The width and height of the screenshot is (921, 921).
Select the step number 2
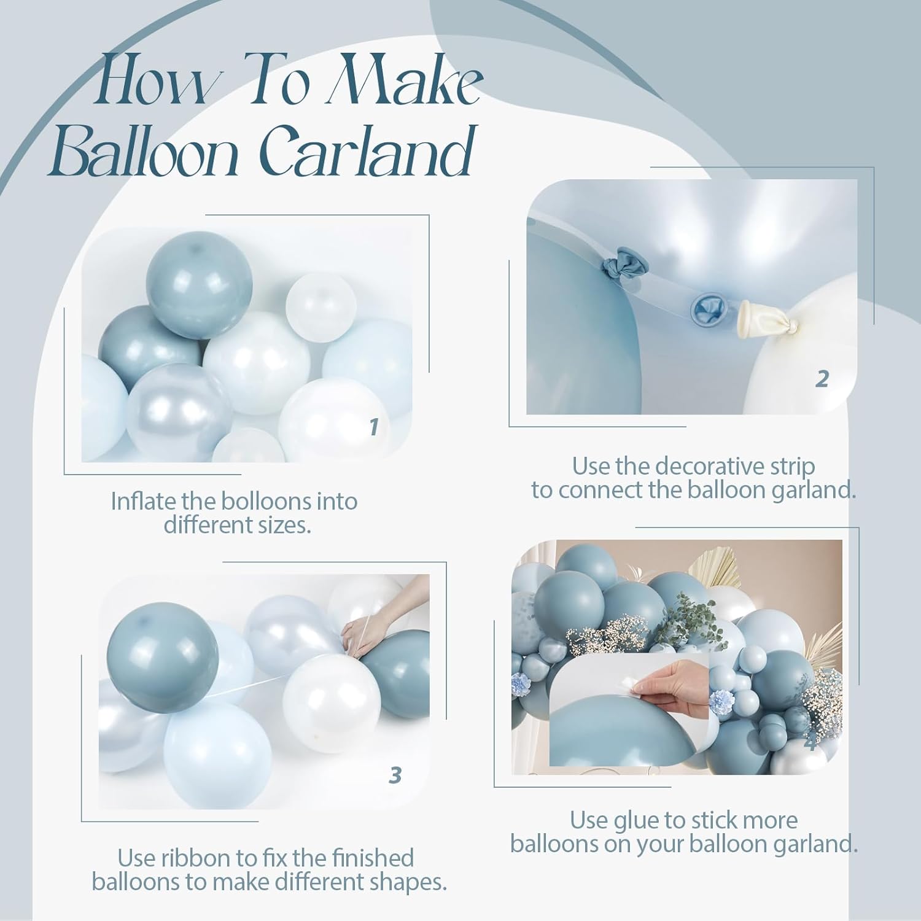822,379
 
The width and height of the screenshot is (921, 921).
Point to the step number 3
395,775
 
